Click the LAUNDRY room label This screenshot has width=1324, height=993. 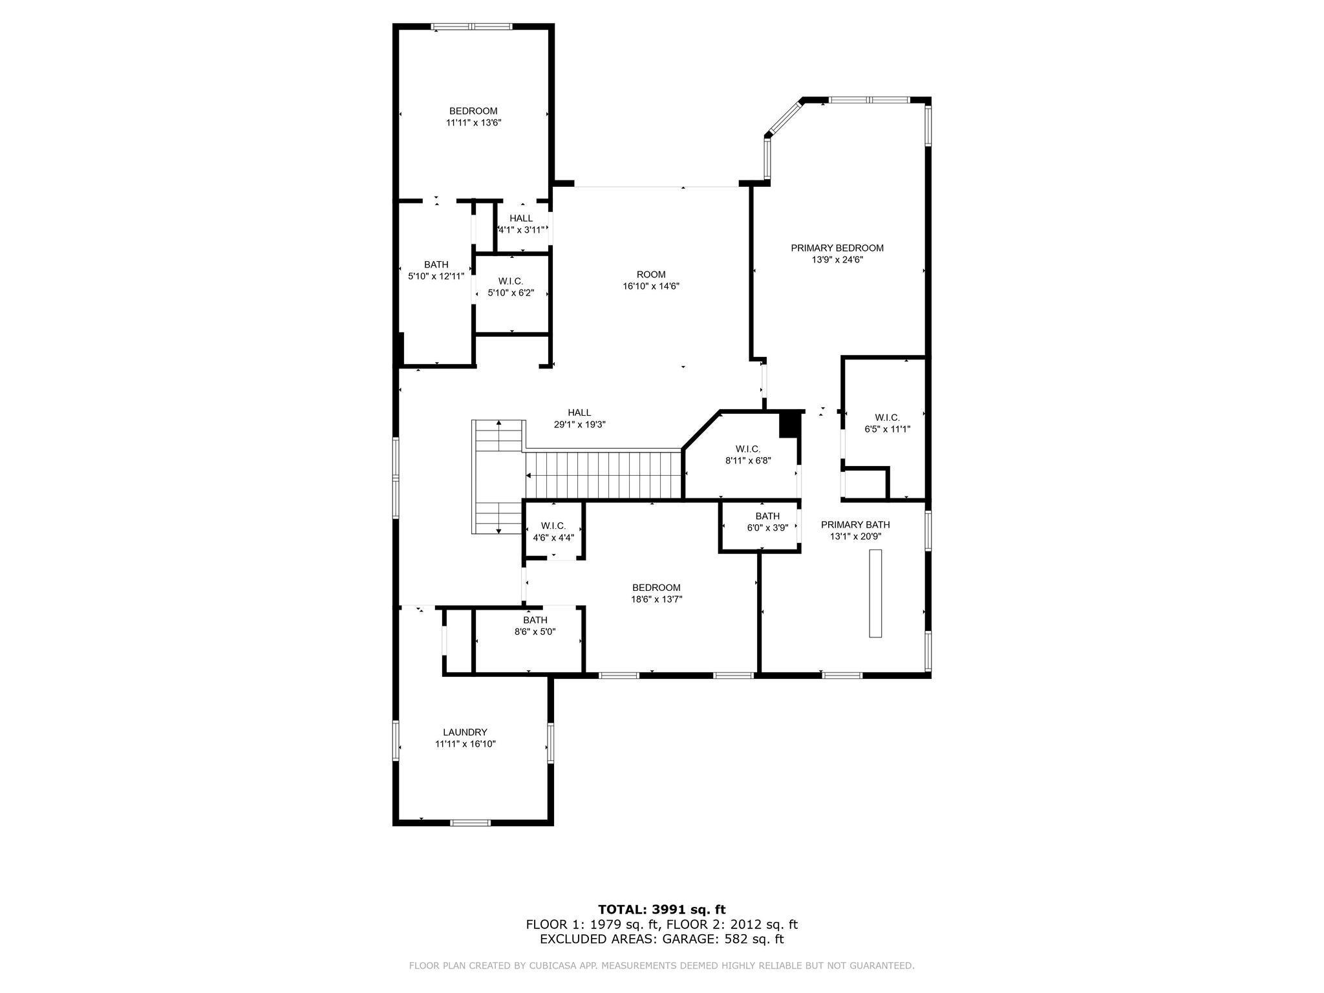tap(465, 732)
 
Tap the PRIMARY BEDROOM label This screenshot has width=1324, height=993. tap(837, 248)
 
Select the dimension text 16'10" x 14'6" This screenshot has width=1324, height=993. tap(650, 286)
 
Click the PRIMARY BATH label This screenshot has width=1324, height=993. tap(855, 525)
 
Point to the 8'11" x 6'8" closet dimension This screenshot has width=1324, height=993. tap(748, 461)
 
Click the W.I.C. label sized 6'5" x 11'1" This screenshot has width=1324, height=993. tap(887, 418)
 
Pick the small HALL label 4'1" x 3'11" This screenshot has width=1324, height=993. tap(520, 219)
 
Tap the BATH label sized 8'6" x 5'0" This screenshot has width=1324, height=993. tap(535, 621)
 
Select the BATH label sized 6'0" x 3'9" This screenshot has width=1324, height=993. tap(767, 516)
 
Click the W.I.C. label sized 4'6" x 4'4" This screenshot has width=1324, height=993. tap(553, 526)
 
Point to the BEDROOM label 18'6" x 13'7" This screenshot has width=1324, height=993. tap(656, 588)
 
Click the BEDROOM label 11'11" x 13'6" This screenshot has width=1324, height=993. tap(473, 111)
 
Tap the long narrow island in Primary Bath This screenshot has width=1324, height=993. tap(875, 593)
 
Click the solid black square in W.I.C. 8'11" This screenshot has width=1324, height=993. tap(789, 425)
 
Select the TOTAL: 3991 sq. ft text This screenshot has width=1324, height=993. tap(661, 910)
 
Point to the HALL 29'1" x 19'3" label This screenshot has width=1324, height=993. tap(579, 413)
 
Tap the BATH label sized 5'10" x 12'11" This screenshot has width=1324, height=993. tap(436, 264)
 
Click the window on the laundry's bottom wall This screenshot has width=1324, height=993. tap(470, 822)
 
